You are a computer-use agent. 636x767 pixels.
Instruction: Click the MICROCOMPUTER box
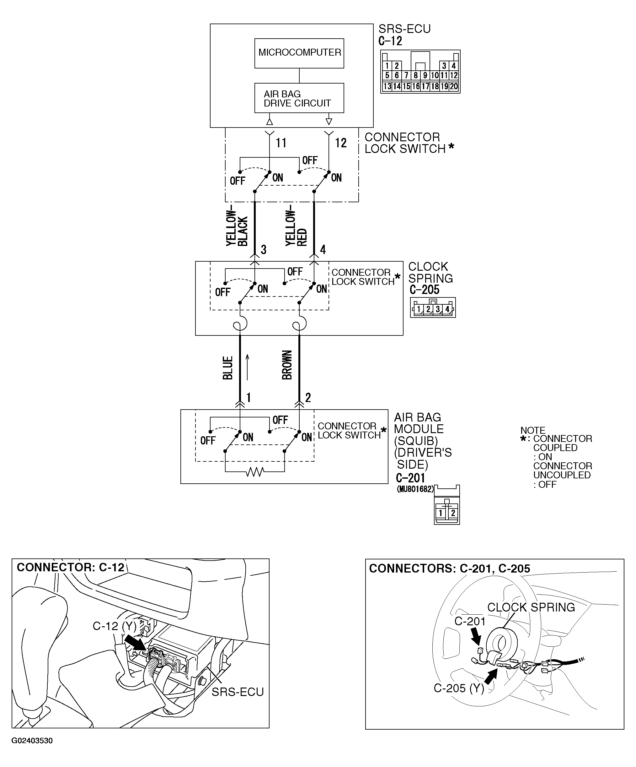pyautogui.click(x=299, y=53)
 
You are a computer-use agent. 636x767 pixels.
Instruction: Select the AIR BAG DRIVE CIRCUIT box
pyautogui.click(x=299, y=98)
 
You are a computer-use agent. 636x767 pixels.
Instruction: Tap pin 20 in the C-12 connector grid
pyautogui.click(x=454, y=87)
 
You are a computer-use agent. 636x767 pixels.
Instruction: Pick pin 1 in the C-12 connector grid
pyautogui.click(x=387, y=66)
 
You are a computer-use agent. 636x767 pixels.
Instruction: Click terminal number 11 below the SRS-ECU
pyautogui.click(x=281, y=143)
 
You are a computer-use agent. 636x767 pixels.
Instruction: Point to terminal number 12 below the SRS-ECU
pyautogui.click(x=340, y=143)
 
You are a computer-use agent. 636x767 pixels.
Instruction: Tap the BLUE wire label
pyautogui.click(x=228, y=368)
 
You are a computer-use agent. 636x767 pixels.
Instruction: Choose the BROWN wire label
pyautogui.click(x=287, y=365)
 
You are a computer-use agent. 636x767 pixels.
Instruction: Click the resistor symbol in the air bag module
pyautogui.click(x=255, y=472)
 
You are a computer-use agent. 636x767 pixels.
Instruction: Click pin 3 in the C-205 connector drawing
pyautogui.click(x=437, y=309)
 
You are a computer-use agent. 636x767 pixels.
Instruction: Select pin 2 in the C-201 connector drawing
pyautogui.click(x=452, y=513)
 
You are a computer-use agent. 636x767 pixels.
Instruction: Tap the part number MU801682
pyautogui.click(x=415, y=489)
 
